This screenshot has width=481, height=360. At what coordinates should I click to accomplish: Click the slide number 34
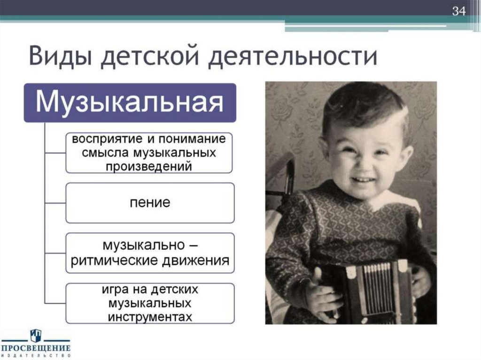click(x=458, y=11)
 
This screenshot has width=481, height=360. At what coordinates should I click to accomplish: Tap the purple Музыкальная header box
click(x=130, y=102)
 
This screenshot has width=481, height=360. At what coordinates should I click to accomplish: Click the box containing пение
click(x=150, y=203)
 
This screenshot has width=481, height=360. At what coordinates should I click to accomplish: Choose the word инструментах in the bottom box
click(x=150, y=317)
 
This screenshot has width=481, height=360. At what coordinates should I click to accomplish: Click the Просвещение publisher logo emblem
click(x=36, y=335)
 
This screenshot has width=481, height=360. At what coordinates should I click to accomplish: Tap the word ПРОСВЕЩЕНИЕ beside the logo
click(x=36, y=348)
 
